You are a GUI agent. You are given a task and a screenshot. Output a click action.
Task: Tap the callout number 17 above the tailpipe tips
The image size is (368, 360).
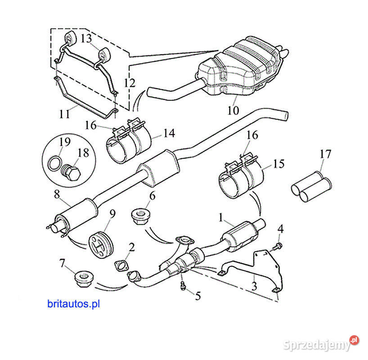pos(325,154)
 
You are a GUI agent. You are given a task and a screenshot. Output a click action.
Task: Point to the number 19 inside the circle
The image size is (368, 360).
pos(65,142)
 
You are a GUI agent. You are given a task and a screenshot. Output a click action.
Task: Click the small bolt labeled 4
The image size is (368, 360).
pos(278,246)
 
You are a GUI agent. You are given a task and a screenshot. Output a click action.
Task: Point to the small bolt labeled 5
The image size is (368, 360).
pos(183,285)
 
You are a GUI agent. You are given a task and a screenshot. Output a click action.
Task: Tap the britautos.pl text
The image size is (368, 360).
pos(73,304)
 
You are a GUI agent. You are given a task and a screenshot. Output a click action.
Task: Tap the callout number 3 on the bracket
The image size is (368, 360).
pos(254,286)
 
